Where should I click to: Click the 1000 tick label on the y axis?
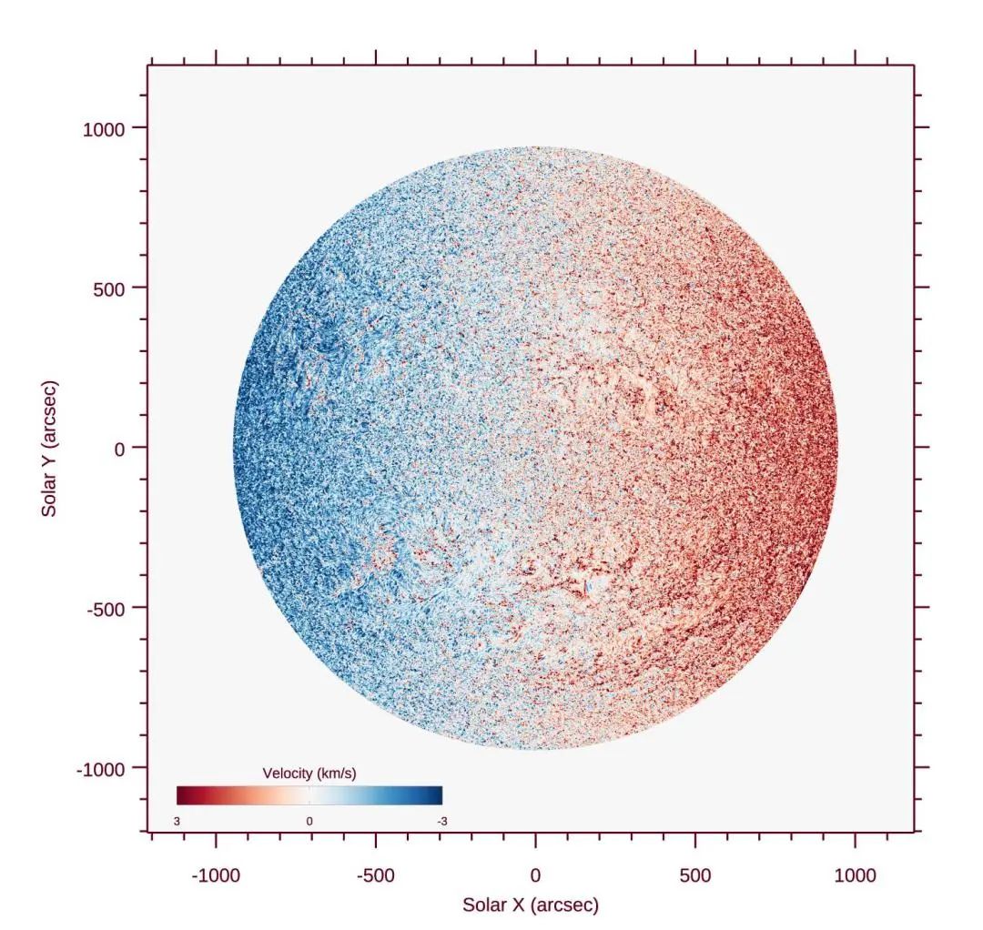click(x=103, y=128)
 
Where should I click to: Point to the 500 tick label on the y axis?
click(x=114, y=288)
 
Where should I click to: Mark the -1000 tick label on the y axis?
click(x=100, y=769)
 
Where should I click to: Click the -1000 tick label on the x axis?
click(x=216, y=876)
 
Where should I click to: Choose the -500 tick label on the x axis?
click(x=375, y=876)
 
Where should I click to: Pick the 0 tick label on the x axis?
click(x=535, y=876)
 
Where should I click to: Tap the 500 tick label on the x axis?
click(x=695, y=876)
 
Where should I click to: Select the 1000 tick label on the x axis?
click(x=855, y=876)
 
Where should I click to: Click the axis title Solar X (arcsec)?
click(x=531, y=905)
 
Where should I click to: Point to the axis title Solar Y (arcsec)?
click(x=49, y=449)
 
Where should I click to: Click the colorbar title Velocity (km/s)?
click(x=309, y=773)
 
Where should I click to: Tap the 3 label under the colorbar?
click(x=177, y=822)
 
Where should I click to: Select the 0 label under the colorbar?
click(x=309, y=822)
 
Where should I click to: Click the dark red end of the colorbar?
click(x=181, y=795)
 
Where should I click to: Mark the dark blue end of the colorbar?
click(x=438, y=795)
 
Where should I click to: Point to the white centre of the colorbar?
click(x=309, y=795)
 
